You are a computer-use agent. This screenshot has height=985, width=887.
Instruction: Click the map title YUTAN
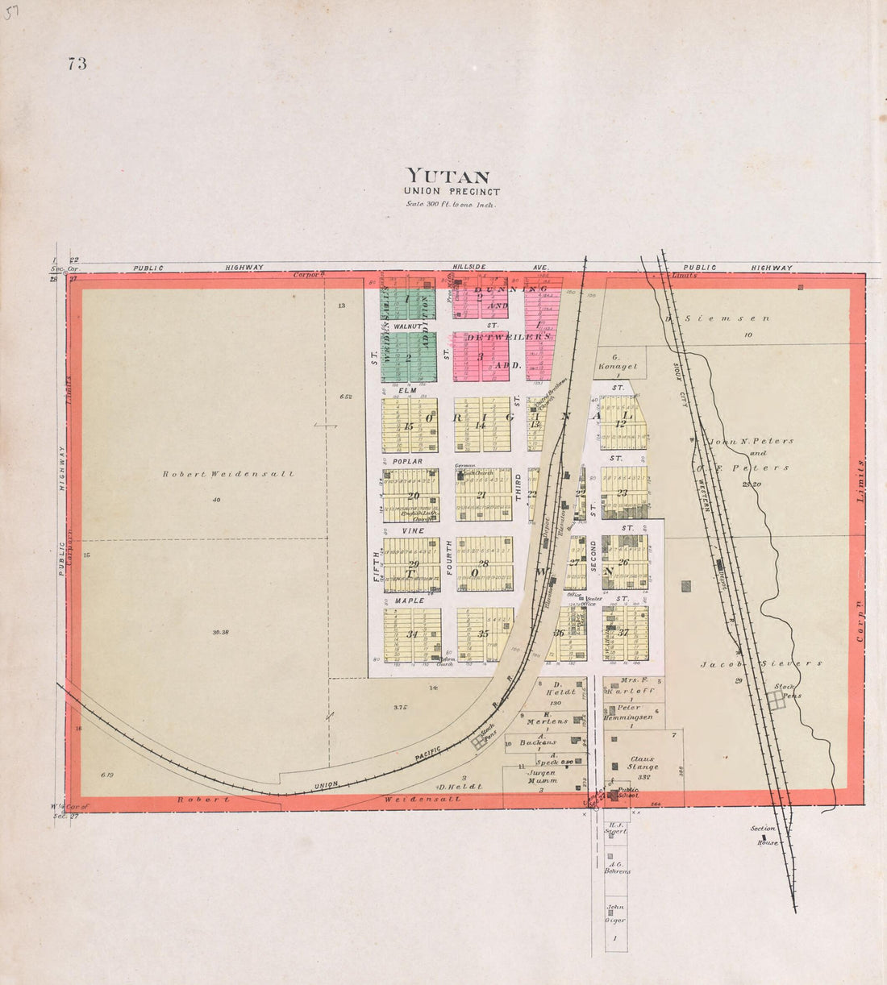448,175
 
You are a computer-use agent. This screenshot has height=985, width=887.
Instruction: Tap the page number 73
77,64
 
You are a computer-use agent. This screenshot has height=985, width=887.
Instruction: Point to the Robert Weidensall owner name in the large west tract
228,474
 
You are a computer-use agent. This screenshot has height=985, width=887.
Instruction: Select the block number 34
412,634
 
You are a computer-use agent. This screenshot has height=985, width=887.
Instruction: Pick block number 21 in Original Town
481,495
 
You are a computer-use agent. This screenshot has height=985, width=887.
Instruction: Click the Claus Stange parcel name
643,763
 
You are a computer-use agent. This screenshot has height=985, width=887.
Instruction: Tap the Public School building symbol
614,796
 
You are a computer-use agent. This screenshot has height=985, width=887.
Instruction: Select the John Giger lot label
616,914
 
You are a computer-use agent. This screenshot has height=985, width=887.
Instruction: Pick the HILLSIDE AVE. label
500,267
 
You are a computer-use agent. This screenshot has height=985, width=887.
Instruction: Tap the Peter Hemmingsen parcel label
634,712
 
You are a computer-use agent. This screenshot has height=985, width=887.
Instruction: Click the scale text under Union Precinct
452,204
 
